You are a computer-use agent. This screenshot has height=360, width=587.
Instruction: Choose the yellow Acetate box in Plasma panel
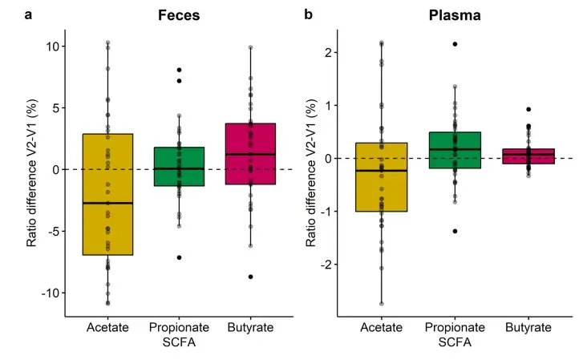[x=382, y=177]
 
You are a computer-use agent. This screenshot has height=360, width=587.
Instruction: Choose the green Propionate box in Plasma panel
[x=454, y=150]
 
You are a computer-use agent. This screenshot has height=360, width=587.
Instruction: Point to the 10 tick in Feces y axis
[x=50, y=47]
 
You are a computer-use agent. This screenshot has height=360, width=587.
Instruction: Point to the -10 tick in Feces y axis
[x=47, y=293]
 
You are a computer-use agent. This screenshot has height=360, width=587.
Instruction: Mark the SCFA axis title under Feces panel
[x=179, y=342]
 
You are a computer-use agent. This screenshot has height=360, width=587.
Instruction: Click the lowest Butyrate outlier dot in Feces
[x=251, y=277]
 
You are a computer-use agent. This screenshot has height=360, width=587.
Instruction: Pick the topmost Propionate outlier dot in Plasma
[x=454, y=44]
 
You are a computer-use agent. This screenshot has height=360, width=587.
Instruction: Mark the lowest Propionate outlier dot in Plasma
[x=454, y=231]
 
